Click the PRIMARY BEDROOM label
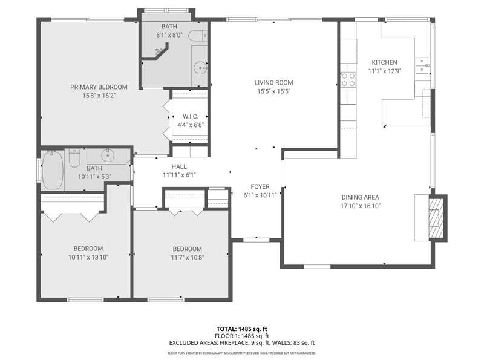99,87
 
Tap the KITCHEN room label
384,62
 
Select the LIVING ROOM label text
273,83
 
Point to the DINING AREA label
360,197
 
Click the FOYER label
260,186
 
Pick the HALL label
179,167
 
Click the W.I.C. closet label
191,116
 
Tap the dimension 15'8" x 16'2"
99,96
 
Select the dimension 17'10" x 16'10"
360,206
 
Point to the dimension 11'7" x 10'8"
188,258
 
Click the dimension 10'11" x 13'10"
88,257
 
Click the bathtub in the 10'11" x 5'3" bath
53,170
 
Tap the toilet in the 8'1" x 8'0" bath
198,36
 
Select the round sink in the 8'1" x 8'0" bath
201,68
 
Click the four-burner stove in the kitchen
348,80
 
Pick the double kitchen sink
422,65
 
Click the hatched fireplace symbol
436,218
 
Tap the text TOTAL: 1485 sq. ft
241,329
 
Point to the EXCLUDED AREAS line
241,342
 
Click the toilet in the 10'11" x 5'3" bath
74,158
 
